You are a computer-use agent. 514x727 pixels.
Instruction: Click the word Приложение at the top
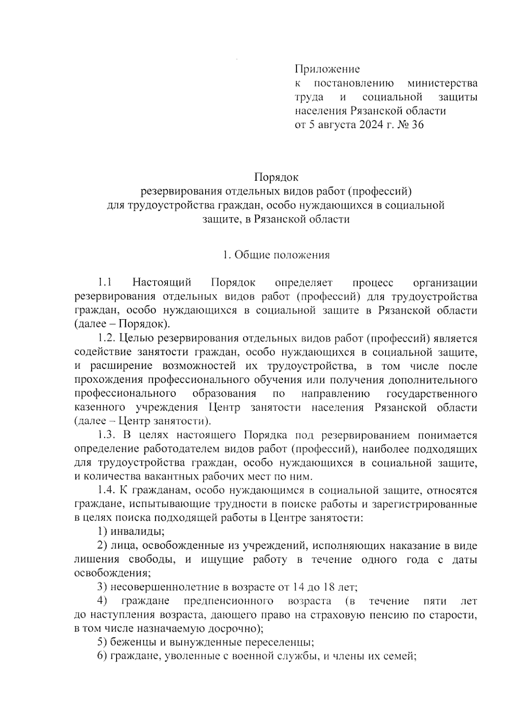point(327,69)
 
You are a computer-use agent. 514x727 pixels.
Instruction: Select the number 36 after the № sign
point(417,125)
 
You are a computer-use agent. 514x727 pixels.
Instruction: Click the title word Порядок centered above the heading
point(276,177)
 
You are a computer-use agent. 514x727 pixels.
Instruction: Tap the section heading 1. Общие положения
point(276,255)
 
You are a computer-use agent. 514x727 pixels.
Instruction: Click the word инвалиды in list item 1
point(137,532)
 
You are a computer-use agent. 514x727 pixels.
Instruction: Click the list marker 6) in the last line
point(102,657)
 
